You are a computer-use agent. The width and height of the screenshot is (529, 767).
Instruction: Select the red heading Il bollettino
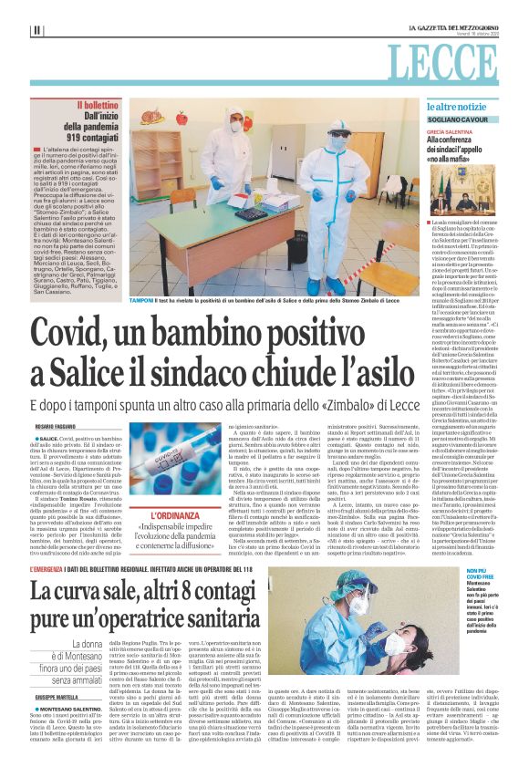click(99, 107)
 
